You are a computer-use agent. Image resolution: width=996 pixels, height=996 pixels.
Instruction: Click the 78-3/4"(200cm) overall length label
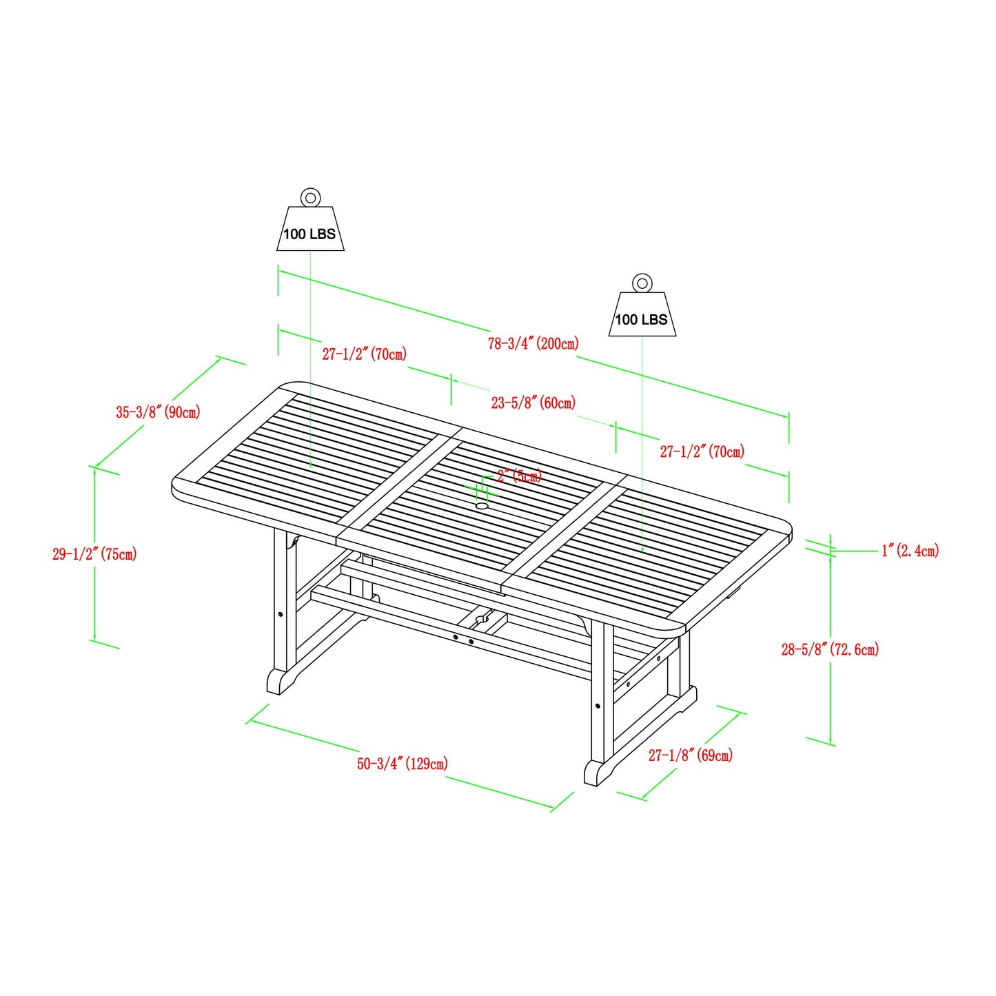(x=533, y=343)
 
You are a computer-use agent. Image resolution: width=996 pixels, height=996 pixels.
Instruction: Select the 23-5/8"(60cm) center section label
(x=533, y=403)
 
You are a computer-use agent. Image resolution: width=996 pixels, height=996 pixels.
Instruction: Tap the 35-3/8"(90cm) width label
(x=158, y=412)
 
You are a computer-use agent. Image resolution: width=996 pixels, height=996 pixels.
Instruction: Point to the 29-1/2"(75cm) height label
(x=94, y=554)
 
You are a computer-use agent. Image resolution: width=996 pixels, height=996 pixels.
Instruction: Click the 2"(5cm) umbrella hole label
(x=519, y=476)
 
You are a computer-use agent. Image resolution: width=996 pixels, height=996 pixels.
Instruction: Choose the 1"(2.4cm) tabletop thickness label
(x=910, y=551)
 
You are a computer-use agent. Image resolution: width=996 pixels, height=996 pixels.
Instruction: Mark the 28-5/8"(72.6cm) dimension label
(x=830, y=649)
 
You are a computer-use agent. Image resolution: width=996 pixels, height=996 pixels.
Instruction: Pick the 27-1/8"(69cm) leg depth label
(x=690, y=755)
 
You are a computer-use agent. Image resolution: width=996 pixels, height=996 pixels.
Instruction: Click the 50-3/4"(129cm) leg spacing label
(x=402, y=764)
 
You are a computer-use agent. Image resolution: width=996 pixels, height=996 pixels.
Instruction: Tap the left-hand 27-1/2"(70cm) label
(x=364, y=354)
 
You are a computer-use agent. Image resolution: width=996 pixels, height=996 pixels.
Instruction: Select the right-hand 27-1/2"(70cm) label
(x=702, y=452)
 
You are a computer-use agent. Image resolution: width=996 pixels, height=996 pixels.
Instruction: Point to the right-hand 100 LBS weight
(x=642, y=315)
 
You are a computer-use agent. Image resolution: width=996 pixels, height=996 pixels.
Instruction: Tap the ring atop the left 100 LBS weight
(x=310, y=198)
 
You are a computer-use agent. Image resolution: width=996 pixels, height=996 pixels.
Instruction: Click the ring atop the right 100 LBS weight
(x=642, y=283)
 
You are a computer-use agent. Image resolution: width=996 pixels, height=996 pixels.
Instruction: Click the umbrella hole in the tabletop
(x=481, y=507)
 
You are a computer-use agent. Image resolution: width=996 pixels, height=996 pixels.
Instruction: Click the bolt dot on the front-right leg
(x=597, y=706)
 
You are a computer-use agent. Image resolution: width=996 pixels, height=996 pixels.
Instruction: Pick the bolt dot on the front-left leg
(x=280, y=614)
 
